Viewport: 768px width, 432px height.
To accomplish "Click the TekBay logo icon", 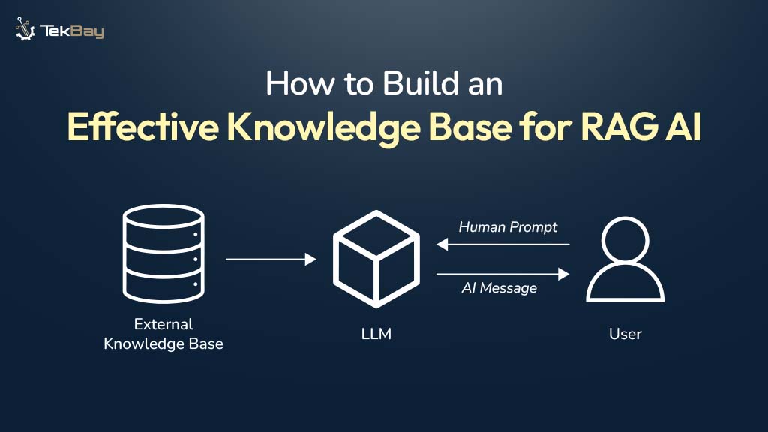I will (x=25, y=29).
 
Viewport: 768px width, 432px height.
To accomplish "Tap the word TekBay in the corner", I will (x=73, y=31).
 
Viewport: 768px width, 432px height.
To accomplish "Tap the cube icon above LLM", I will (x=376, y=259).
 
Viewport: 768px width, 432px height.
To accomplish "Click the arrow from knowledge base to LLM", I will (x=271, y=259).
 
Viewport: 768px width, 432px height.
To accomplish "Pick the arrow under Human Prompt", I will (x=503, y=244).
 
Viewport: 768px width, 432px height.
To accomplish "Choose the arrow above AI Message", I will (x=503, y=274).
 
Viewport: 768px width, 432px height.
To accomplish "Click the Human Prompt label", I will (x=508, y=226).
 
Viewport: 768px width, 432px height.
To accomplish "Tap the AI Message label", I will (x=499, y=288).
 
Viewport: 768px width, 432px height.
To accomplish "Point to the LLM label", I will (x=376, y=334).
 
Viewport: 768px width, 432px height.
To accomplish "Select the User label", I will (x=625, y=334).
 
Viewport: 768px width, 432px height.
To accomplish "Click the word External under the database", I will (x=163, y=325).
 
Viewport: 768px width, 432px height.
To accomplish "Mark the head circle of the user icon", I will (x=625, y=238).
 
